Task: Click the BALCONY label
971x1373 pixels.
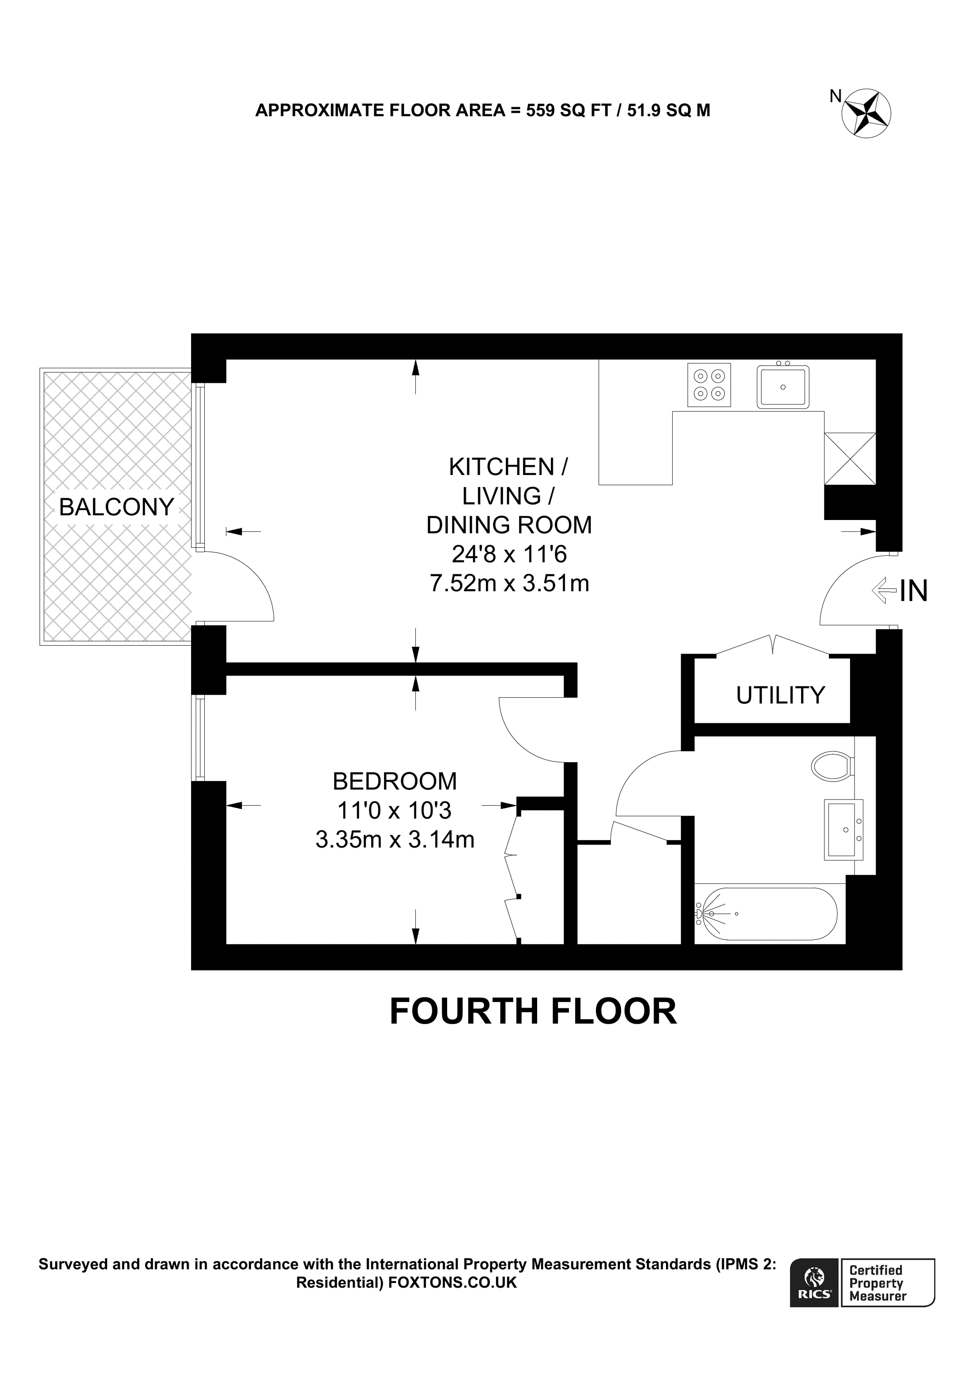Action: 116,508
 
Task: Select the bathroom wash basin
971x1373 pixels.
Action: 843,830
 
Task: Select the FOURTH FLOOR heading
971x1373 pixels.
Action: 532,1012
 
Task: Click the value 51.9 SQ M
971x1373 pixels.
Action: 668,111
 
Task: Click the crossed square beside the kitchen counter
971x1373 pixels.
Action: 850,459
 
